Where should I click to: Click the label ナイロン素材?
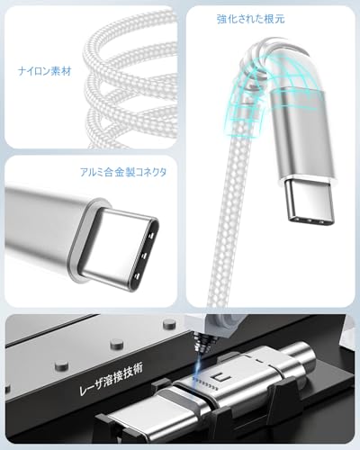(44, 71)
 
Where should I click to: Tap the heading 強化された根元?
(250, 19)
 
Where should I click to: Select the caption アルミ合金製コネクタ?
(123, 172)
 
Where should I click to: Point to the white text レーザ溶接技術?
(111, 379)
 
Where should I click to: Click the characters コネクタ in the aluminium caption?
(151, 172)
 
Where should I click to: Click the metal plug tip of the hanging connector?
(309, 202)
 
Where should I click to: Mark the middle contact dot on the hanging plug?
(310, 221)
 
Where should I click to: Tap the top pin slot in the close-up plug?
(151, 235)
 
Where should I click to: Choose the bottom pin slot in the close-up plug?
(137, 276)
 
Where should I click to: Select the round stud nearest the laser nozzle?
(169, 324)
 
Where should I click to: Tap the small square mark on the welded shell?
(217, 377)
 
